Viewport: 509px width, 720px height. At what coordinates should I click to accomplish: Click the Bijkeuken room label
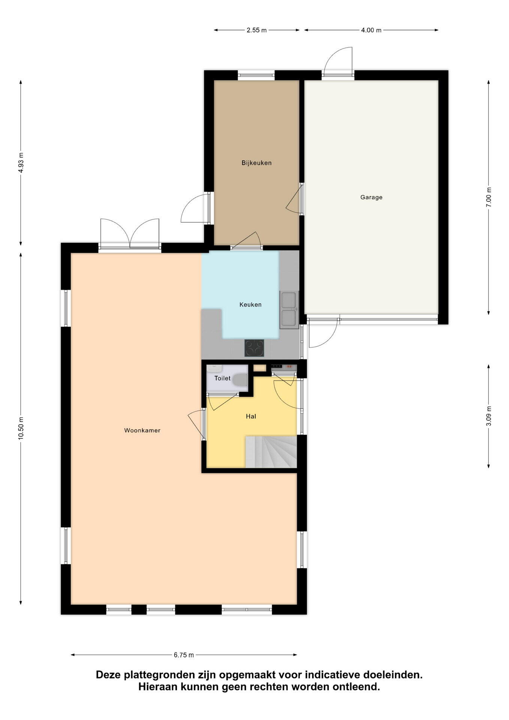click(x=256, y=163)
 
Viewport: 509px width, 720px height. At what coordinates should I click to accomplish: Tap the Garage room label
click(x=371, y=197)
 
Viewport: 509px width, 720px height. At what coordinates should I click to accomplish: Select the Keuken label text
click(x=250, y=304)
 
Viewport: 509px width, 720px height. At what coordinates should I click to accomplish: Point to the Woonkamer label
click(x=142, y=430)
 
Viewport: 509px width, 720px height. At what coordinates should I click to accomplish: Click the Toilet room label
click(x=222, y=378)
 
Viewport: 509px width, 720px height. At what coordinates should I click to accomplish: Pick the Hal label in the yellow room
click(x=251, y=416)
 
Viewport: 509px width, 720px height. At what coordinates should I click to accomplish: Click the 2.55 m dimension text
click(x=256, y=30)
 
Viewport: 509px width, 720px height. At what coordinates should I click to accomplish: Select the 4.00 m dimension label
click(x=371, y=30)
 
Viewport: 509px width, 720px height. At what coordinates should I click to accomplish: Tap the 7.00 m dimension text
click(x=488, y=197)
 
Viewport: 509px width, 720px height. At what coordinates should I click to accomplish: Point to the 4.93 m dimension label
click(x=21, y=163)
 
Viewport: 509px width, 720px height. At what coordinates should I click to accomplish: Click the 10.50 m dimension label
click(x=21, y=428)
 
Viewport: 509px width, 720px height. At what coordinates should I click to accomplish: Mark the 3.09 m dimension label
click(x=488, y=416)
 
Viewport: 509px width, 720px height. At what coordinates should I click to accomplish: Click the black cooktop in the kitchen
click(x=254, y=348)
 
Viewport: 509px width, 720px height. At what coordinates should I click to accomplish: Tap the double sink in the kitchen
click(x=289, y=309)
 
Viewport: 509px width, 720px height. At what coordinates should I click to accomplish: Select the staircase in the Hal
click(x=271, y=452)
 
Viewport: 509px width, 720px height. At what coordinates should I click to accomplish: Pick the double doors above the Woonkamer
click(x=130, y=233)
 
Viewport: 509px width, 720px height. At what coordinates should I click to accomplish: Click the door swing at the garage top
click(x=338, y=61)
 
